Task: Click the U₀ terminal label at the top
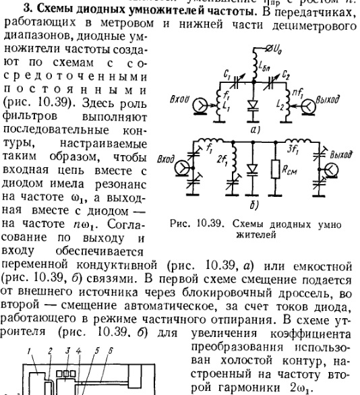277,49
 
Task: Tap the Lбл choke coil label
264,66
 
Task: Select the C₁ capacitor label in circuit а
227,74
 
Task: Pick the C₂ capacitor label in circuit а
286,74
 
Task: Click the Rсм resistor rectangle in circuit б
276,169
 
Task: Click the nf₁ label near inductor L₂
298,93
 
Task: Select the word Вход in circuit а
179,99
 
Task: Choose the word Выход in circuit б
341,154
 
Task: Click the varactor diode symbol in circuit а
253,106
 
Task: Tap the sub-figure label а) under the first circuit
255,130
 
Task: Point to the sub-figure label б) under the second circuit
254,206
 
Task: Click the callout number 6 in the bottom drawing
110,351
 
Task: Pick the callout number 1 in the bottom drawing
29,351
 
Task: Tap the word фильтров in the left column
30,117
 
